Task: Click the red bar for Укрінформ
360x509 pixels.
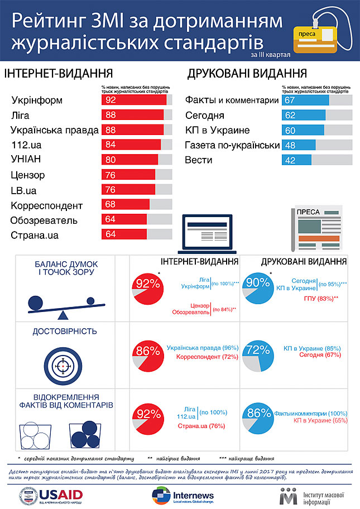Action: (134, 100)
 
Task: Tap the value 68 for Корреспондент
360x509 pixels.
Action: (110, 205)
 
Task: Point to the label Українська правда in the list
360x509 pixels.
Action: (55, 130)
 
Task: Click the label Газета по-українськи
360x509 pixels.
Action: (232, 145)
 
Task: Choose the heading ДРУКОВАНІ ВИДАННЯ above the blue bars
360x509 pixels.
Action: (247, 74)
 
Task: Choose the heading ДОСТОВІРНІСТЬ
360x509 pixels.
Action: (65, 332)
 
